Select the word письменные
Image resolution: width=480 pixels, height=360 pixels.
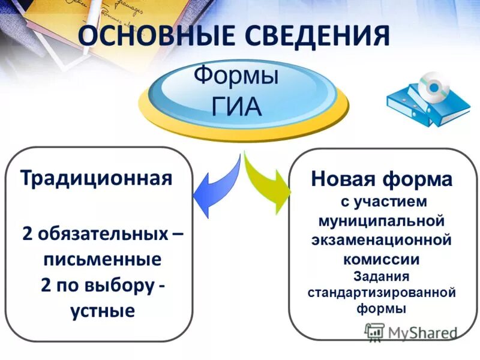102,260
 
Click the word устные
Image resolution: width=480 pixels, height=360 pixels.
102,311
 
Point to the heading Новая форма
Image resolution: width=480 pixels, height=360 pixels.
382,178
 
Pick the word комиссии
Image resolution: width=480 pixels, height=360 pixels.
382,259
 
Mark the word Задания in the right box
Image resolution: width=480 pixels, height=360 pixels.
382,277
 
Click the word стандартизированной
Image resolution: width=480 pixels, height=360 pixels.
382,293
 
